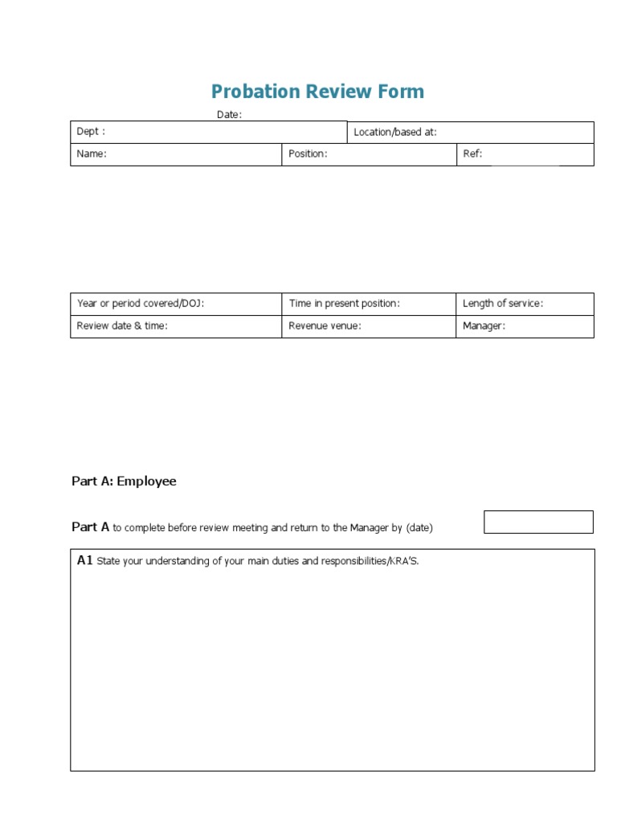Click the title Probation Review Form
click(x=317, y=92)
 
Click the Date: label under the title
click(x=229, y=115)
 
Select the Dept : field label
click(x=91, y=132)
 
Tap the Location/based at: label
click(x=395, y=132)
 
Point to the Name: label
click(x=92, y=154)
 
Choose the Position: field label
click(x=308, y=154)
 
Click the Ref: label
click(x=472, y=154)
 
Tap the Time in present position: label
click(x=344, y=304)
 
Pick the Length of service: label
click(x=503, y=304)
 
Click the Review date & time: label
click(x=122, y=326)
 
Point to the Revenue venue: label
click(x=325, y=326)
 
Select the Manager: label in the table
click(x=484, y=326)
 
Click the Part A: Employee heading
click(x=124, y=481)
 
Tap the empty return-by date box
click(x=538, y=522)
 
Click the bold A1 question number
click(x=85, y=561)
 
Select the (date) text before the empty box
click(x=419, y=528)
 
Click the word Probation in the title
click(x=251, y=92)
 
